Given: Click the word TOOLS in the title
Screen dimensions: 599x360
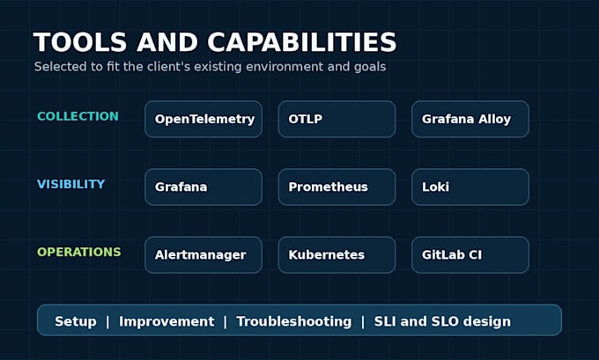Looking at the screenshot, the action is pos(80,42).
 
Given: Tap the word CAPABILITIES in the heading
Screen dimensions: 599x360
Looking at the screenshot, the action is pos(302,42).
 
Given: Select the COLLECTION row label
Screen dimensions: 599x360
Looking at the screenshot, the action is pos(78,116).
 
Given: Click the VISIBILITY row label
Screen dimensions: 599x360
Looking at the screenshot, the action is pos(70,184).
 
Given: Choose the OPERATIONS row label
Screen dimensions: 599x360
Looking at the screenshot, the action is pos(79,252).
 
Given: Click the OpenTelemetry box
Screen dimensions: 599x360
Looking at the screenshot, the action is pos(203,119).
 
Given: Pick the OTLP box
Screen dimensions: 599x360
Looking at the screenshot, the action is pos(336,119).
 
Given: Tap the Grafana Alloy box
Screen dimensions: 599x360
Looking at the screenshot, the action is pos(470,119).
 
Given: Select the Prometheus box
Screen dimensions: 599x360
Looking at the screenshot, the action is pos(336,187).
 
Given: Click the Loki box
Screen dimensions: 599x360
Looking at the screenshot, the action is pos(470,187).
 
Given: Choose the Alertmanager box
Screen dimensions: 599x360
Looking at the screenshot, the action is pos(203,255).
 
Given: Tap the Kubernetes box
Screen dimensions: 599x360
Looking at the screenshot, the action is pos(336,255).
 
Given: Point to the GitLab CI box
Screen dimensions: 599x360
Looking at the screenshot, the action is pos(470,255).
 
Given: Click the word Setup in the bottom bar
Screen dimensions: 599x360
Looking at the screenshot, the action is pos(76,321).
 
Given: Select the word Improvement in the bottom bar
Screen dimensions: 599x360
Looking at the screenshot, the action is pos(166,321).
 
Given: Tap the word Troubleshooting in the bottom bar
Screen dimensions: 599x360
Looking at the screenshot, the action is pos(293,321).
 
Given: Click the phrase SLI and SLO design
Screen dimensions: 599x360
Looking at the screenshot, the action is pos(442,321).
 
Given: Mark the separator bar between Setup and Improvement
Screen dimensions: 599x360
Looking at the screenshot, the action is pos(107,321).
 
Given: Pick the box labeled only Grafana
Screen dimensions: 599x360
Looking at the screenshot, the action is pos(203,187).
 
